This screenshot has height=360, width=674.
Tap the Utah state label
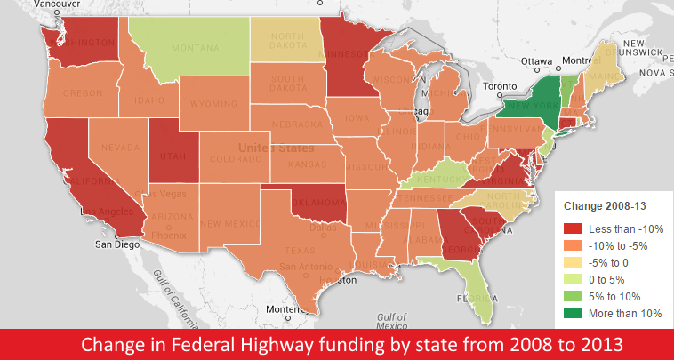[x=171, y=156]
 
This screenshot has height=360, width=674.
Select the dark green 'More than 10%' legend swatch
[x=575, y=313]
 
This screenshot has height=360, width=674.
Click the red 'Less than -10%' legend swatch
[x=575, y=228]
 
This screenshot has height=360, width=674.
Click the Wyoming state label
[x=213, y=104]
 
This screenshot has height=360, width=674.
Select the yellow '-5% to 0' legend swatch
[x=575, y=262]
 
